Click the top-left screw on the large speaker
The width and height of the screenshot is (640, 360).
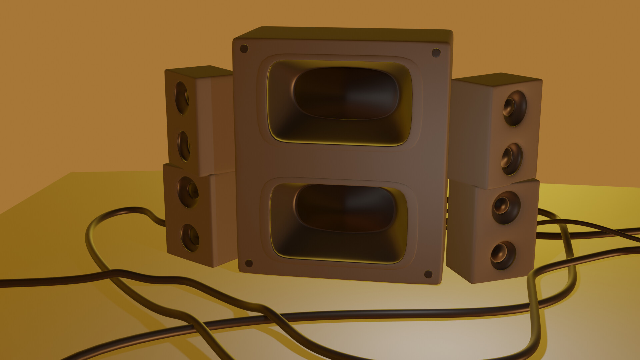(x=244, y=49)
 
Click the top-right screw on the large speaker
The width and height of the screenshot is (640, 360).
(x=436, y=53)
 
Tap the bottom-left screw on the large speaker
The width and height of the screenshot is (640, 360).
(x=249, y=263)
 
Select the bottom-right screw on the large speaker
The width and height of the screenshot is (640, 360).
(x=428, y=274)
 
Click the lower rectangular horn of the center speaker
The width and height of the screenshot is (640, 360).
(x=339, y=222)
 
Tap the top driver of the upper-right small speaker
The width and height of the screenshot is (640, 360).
(x=515, y=108)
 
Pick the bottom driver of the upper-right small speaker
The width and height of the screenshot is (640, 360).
(x=512, y=159)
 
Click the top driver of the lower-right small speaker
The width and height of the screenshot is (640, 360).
(x=506, y=207)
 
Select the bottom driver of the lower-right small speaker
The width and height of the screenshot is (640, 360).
(x=503, y=255)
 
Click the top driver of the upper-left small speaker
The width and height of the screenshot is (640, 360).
(x=182, y=98)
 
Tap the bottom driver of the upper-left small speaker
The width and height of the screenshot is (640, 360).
(x=184, y=146)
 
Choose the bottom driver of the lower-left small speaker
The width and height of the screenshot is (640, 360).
(x=190, y=237)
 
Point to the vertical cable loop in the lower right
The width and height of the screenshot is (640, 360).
(x=533, y=317)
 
